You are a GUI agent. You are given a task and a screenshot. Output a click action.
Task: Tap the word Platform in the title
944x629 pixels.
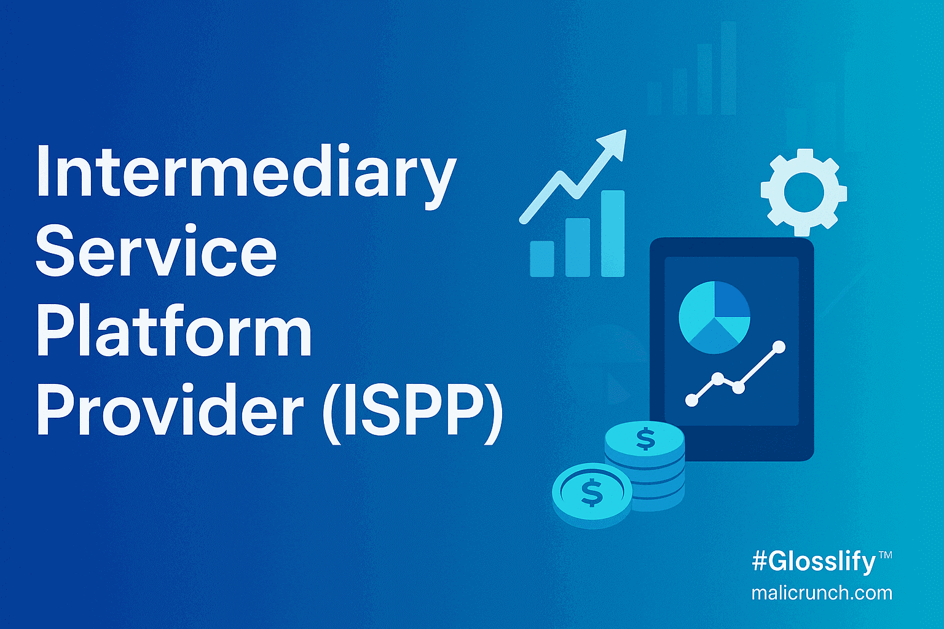(174, 330)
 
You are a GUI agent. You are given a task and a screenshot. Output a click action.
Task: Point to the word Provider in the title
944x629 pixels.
(170, 409)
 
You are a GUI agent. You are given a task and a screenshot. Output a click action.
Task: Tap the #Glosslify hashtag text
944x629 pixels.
(814, 562)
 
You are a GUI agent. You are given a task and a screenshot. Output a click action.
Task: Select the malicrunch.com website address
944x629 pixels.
(822, 593)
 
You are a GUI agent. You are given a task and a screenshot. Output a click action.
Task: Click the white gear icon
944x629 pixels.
(804, 192)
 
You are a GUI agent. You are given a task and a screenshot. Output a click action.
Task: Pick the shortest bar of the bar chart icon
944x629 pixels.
(542, 259)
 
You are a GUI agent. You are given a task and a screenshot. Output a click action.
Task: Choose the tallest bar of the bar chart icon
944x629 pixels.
(613, 233)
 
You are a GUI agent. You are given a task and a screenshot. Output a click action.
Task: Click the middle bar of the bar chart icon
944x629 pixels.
(577, 248)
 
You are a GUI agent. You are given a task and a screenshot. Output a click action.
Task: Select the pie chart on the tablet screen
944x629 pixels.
(714, 317)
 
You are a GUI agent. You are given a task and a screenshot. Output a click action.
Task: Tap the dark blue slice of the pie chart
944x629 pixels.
(731, 300)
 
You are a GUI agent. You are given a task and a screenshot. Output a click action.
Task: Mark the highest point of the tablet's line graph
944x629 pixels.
(779, 347)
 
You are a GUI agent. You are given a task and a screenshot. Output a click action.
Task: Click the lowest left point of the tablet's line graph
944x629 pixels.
(691, 400)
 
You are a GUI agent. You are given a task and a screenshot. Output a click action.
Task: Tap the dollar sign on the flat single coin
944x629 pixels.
(592, 493)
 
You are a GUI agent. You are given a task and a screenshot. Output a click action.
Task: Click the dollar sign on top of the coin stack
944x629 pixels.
(645, 439)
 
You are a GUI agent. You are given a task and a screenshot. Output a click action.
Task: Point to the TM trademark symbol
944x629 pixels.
(886, 555)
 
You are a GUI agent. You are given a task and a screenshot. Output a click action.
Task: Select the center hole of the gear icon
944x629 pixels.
(804, 192)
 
